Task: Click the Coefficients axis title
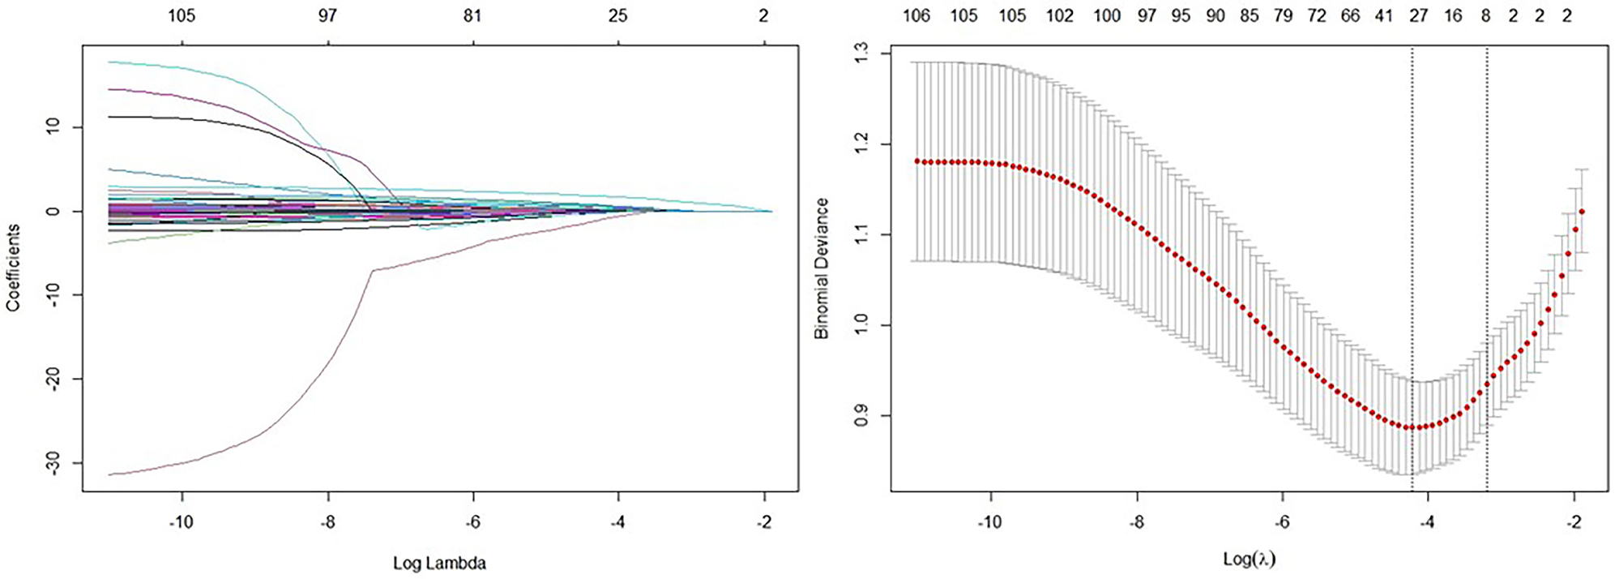point(13,268)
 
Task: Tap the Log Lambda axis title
point(439,563)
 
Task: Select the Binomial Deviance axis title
point(822,268)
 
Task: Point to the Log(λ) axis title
point(1249,558)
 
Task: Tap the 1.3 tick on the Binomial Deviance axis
point(861,54)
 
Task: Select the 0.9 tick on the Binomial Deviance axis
point(861,416)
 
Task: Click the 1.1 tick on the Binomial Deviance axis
point(861,235)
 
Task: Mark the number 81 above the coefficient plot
point(472,15)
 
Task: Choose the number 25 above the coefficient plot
point(618,15)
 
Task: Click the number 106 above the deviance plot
point(916,15)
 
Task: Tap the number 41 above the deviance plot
point(1383,15)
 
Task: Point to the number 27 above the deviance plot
point(1418,15)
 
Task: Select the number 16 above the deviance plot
point(1453,15)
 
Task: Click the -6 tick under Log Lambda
point(472,522)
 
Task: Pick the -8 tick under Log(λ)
point(1137,522)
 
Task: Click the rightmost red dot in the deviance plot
point(1582,212)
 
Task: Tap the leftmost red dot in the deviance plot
point(917,161)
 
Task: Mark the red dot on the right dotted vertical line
point(1487,384)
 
